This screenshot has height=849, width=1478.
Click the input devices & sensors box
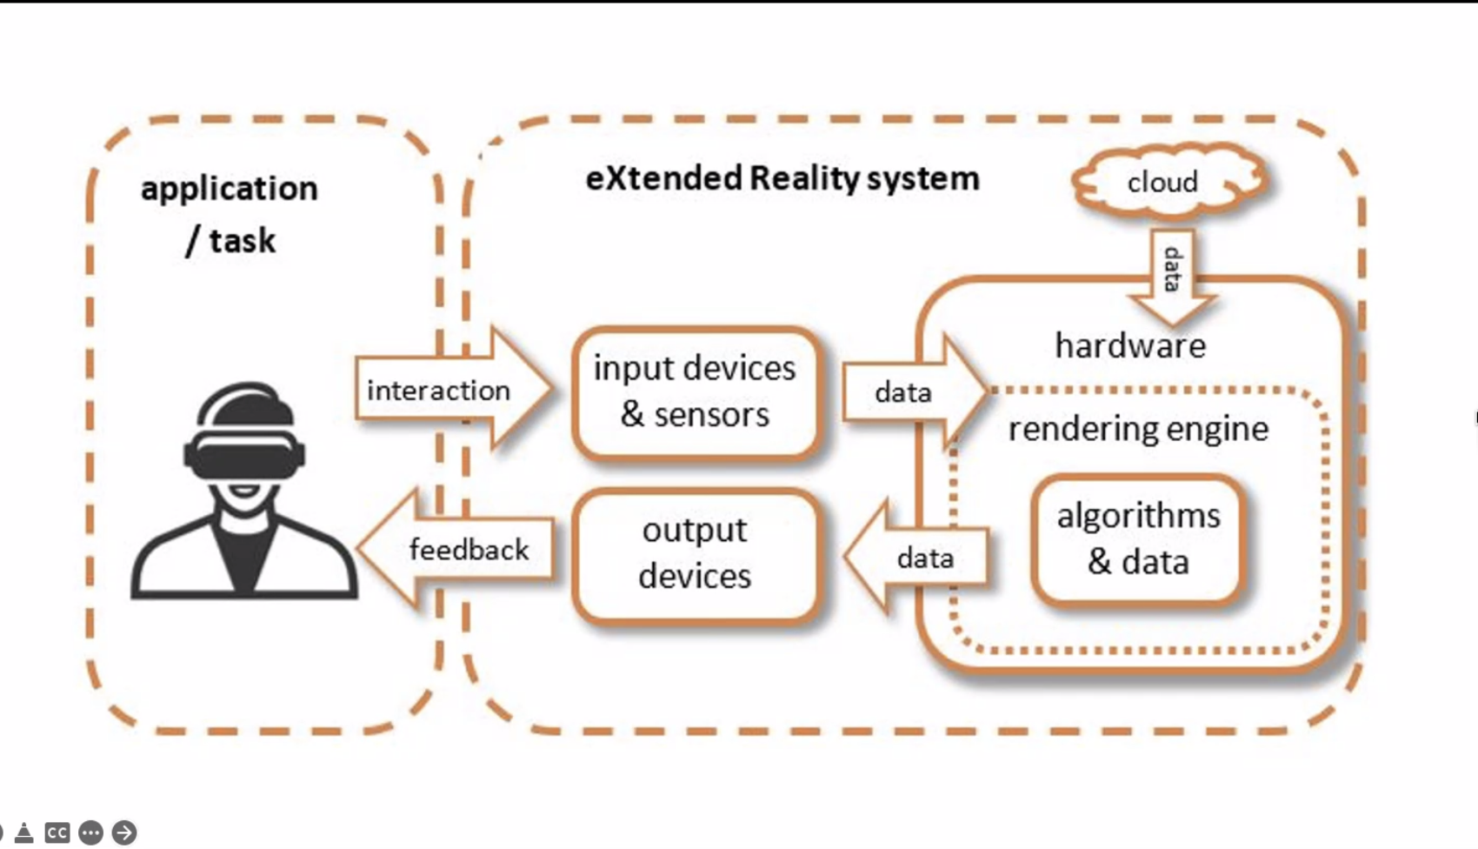click(695, 391)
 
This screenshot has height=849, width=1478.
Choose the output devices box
click(695, 553)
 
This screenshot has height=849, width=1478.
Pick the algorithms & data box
click(1137, 539)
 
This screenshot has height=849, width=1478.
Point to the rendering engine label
click(1137, 429)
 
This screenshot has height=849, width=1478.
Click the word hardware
click(1129, 345)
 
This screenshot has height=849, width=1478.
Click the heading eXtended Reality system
click(782, 178)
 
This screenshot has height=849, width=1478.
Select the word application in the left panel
click(230, 189)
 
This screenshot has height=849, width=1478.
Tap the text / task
click(230, 240)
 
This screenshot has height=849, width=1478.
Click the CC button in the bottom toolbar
click(57, 832)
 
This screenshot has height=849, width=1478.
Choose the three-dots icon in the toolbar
click(90, 832)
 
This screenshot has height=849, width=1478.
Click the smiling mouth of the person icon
click(244, 492)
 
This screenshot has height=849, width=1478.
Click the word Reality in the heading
click(803, 178)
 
